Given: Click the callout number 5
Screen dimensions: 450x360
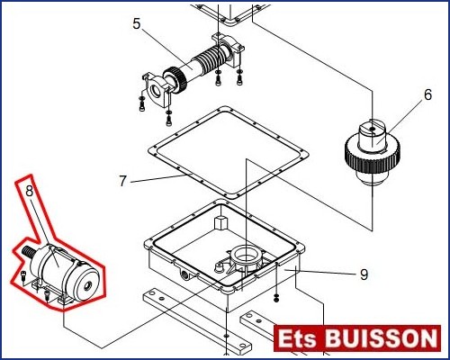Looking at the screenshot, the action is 137,23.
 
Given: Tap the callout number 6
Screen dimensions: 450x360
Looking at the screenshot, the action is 427,94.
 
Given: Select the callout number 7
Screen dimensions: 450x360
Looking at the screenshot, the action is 122,181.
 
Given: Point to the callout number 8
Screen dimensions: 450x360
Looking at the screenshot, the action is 29,191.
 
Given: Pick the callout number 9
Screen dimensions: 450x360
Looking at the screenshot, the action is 364,274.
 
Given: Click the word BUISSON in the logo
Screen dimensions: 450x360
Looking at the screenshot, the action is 382,339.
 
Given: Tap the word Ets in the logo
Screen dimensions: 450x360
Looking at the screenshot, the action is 297,339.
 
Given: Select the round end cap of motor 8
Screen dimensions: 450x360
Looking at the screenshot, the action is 87,283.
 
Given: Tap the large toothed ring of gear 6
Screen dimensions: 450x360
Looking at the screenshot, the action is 372,153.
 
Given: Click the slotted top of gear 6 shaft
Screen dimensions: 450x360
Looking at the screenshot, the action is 372,128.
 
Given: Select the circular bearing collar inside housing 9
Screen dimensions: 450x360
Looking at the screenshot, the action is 246,255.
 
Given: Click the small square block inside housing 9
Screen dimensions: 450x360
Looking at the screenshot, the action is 220,222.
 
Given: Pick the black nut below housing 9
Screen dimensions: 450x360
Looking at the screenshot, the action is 276,299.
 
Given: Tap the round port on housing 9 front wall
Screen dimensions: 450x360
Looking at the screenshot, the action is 184,273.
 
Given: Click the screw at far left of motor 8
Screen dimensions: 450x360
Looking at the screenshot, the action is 23,275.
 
